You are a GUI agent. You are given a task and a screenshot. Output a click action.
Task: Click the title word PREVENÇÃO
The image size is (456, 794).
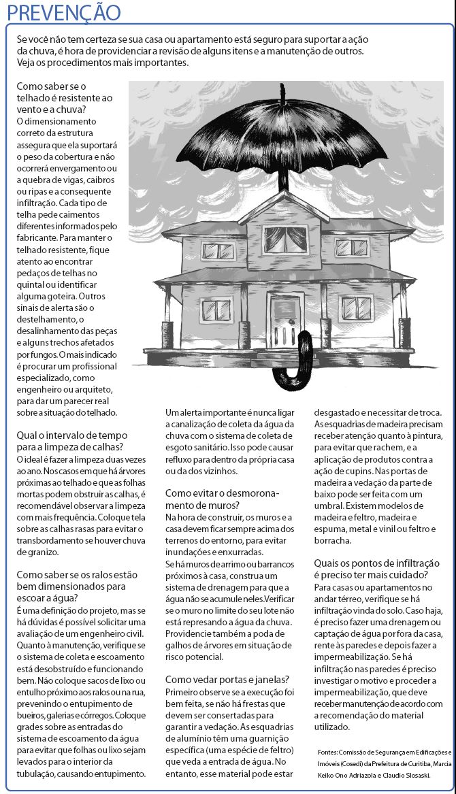61,12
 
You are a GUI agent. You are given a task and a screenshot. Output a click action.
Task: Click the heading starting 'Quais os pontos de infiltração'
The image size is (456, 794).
377,569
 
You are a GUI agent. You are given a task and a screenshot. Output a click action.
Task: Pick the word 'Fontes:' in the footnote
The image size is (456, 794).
329,752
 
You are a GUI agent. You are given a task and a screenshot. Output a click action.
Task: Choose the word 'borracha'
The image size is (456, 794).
333,540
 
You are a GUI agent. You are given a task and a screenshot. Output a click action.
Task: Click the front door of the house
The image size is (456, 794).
286,319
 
